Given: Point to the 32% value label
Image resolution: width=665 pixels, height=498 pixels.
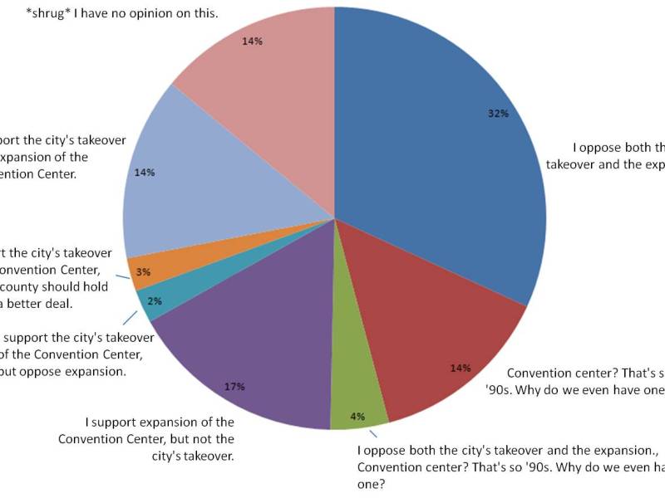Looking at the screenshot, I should click(498, 114).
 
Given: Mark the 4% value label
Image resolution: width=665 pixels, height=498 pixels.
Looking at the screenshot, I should click(357, 417).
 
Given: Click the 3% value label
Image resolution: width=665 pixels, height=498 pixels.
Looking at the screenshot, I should click(143, 273).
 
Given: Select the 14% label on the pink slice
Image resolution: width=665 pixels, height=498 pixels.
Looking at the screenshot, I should click(253, 41).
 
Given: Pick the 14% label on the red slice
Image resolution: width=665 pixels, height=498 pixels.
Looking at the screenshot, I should click(461, 368).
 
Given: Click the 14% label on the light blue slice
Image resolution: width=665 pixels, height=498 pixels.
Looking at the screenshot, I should click(145, 173).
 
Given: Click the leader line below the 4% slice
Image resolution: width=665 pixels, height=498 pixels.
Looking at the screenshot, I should click(373, 432).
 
